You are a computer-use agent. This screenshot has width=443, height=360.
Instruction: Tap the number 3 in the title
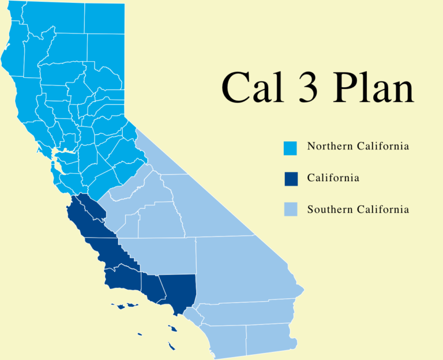[x=307, y=87]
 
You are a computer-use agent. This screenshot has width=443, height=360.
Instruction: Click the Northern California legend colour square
[x=291, y=148]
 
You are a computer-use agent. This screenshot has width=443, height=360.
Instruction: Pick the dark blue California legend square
[x=291, y=179]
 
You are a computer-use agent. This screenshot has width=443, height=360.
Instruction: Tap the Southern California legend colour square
[x=291, y=210]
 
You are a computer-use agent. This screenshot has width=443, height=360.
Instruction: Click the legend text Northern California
[x=358, y=147]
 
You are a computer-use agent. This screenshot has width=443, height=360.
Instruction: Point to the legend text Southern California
[x=358, y=209]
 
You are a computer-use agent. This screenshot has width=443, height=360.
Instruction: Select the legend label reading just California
[x=333, y=178]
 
